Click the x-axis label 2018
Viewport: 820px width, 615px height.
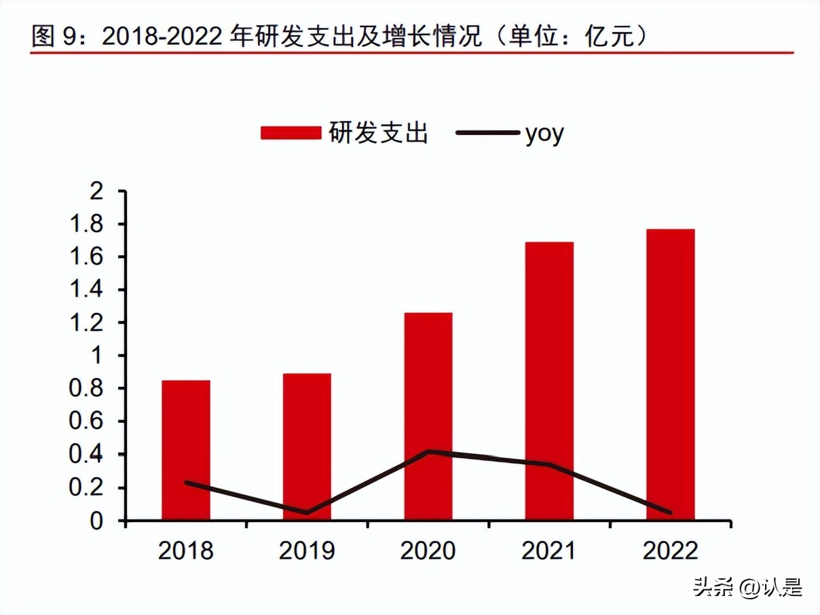(185, 551)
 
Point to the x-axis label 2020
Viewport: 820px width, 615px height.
(428, 551)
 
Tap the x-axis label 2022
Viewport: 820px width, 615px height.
(670, 551)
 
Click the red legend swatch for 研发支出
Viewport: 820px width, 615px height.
(291, 133)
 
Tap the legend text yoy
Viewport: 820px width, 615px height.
(544, 134)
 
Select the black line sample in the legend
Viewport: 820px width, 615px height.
(486, 133)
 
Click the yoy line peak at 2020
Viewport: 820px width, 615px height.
(428, 451)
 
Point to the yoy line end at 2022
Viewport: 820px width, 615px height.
(669, 512)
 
